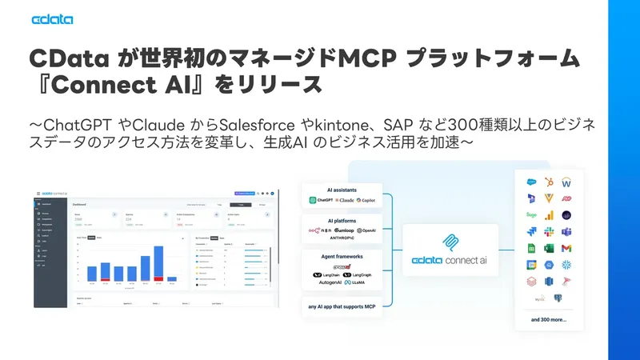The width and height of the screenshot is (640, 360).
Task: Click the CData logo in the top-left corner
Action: pyautogui.click(x=52, y=20)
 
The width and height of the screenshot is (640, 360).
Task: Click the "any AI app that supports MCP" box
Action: pyautogui.click(x=342, y=306)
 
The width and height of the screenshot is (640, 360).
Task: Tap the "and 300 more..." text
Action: pyautogui.click(x=549, y=319)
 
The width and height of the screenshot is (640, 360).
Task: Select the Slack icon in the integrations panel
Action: pyautogui.click(x=549, y=231)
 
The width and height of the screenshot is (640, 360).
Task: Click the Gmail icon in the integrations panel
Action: pyautogui.click(x=566, y=248)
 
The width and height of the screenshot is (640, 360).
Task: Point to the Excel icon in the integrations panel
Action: pyautogui.click(x=530, y=231)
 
